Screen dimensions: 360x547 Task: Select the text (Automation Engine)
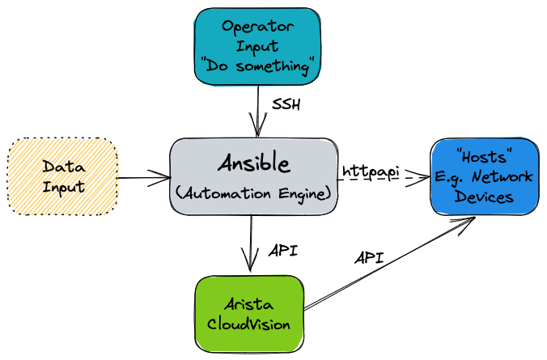[253, 194]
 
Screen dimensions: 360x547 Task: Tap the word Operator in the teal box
[258, 28]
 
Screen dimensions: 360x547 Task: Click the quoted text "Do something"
[258, 66]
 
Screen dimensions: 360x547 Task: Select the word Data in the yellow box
[63, 167]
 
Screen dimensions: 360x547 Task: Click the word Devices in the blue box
[483, 197]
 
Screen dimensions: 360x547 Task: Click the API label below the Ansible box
[282, 250]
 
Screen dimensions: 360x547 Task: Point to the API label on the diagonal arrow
[368, 259]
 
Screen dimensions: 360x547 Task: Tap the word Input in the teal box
[258, 47]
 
